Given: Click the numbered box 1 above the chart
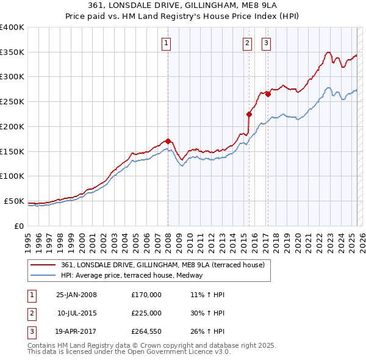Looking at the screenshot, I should tap(166, 43).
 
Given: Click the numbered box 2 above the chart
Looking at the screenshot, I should tap(247, 43).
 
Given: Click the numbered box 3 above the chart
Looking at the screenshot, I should tap(267, 43).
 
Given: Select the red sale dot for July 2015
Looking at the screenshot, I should tap(249, 114).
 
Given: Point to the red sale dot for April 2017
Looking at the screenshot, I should tap(268, 94).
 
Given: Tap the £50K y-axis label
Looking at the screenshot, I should tap(15, 201).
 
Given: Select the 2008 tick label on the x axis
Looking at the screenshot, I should tap(168, 237).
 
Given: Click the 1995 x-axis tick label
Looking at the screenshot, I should tap(27, 237).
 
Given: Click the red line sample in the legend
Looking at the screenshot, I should tap(43, 265).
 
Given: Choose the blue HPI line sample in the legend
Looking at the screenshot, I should tap(43, 275).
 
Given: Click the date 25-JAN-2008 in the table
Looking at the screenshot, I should tap(76, 295).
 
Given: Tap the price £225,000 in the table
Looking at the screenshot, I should tap(146, 313).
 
